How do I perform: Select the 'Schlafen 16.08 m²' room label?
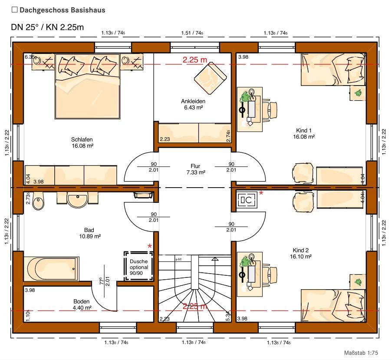pyautogui.click(x=82, y=143)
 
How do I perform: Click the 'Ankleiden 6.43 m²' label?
pyautogui.click(x=193, y=104)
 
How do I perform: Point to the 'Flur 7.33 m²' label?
pyautogui.click(x=195, y=169)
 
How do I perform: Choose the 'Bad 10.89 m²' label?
pyautogui.click(x=89, y=233)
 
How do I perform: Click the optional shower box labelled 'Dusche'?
pyautogui.click(x=139, y=266)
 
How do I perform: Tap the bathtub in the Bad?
pyautogui.click(x=52, y=269)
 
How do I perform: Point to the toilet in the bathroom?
pyautogui.click(x=39, y=202)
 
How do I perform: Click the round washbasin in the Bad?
pyautogui.click(x=78, y=200)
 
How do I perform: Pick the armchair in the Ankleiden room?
pyautogui.click(x=211, y=76)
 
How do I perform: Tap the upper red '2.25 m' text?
pyautogui.click(x=194, y=60)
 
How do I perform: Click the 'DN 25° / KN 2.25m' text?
pyautogui.click(x=47, y=27)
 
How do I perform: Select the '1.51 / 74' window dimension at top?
pyautogui.click(x=192, y=33)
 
